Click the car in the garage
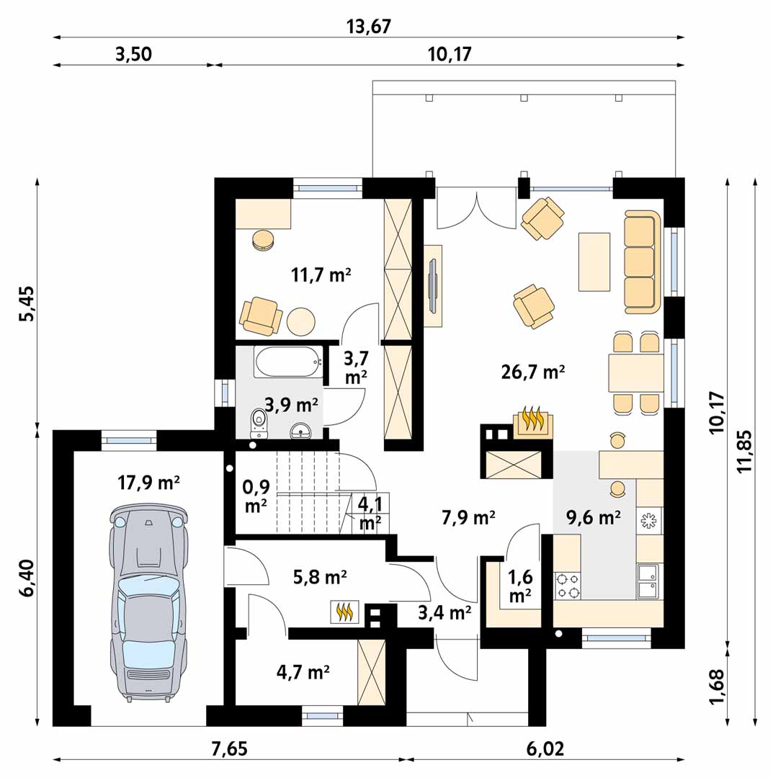148,603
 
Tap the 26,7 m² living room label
533,372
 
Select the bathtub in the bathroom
287,362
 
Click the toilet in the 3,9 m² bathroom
259,424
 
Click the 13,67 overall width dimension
369,26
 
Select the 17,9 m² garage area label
148,482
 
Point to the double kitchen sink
648,581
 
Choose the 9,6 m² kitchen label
594,517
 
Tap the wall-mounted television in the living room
433,286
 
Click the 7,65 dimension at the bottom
229,748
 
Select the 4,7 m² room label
303,672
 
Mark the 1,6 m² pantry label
520,586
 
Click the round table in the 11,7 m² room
300,322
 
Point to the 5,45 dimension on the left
27,303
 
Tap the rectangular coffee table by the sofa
594,261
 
